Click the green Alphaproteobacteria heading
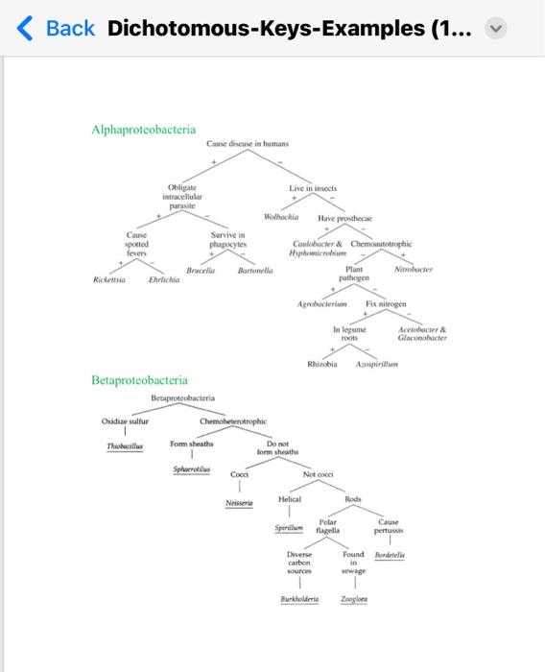[x=143, y=129]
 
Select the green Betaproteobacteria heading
[x=139, y=381]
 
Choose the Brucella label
[x=200, y=272]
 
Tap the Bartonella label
[x=255, y=272]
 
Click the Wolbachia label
[x=285, y=218]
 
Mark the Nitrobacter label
[x=414, y=272]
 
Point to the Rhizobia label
[x=322, y=364]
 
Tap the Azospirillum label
[x=375, y=364]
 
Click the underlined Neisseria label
[x=239, y=503]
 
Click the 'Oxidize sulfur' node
[x=125, y=421]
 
